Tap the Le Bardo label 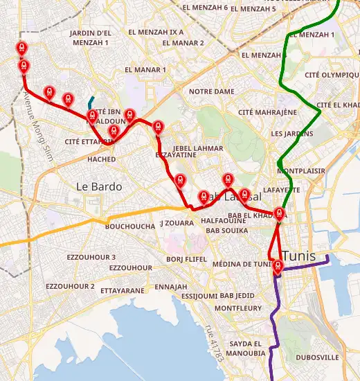[x=99, y=186]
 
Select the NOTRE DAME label [x=211, y=91]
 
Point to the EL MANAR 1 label [x=145, y=69]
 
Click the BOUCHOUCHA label [x=130, y=227]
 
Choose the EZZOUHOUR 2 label [x=70, y=286]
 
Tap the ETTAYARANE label [x=123, y=291]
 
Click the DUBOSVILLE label [x=318, y=357]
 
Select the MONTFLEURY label [x=238, y=308]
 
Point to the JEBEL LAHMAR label [x=199, y=148]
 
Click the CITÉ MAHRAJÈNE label [x=267, y=112]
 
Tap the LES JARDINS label [x=289, y=133]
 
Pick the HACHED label [x=102, y=159]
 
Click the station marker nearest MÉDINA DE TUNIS [x=277, y=265]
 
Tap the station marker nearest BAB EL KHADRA [x=280, y=213]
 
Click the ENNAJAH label [x=171, y=286]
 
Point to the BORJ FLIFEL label [x=187, y=259]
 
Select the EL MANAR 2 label [x=183, y=43]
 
